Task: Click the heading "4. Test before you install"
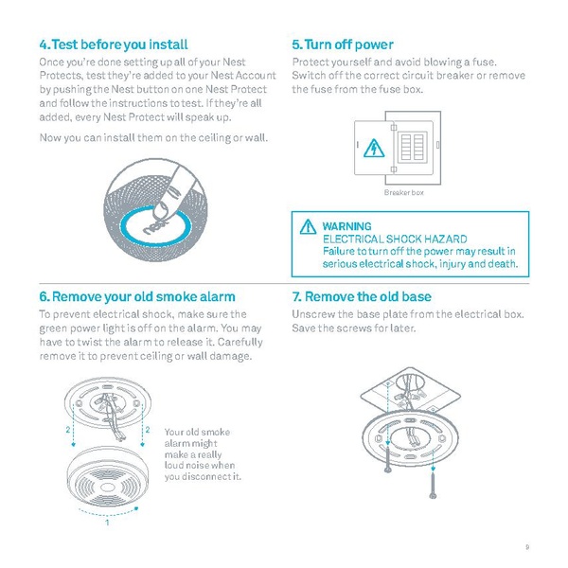pyautogui.click(x=113, y=44)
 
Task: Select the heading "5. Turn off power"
pyautogui.click(x=343, y=44)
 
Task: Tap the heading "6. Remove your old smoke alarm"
pyautogui.click(x=137, y=296)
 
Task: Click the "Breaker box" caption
pyautogui.click(x=403, y=192)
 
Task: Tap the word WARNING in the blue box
pyautogui.click(x=346, y=227)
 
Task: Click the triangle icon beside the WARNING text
pyautogui.click(x=308, y=228)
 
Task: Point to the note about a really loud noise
pyautogui.click(x=202, y=454)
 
